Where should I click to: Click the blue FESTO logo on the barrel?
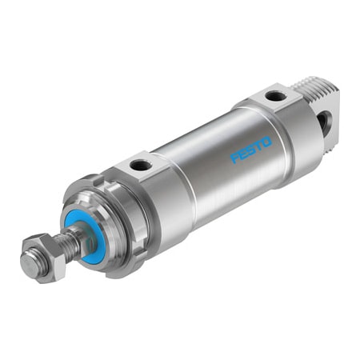click(x=251, y=150)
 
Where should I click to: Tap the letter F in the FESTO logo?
click(x=235, y=158)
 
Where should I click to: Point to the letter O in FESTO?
click(x=267, y=142)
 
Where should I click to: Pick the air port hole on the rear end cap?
click(x=276, y=96)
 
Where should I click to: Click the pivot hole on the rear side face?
click(x=322, y=121)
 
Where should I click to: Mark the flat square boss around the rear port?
click(x=272, y=99)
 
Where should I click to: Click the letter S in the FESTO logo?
click(x=251, y=150)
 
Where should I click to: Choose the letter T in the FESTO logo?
click(x=259, y=146)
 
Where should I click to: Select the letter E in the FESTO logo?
click(x=243, y=154)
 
